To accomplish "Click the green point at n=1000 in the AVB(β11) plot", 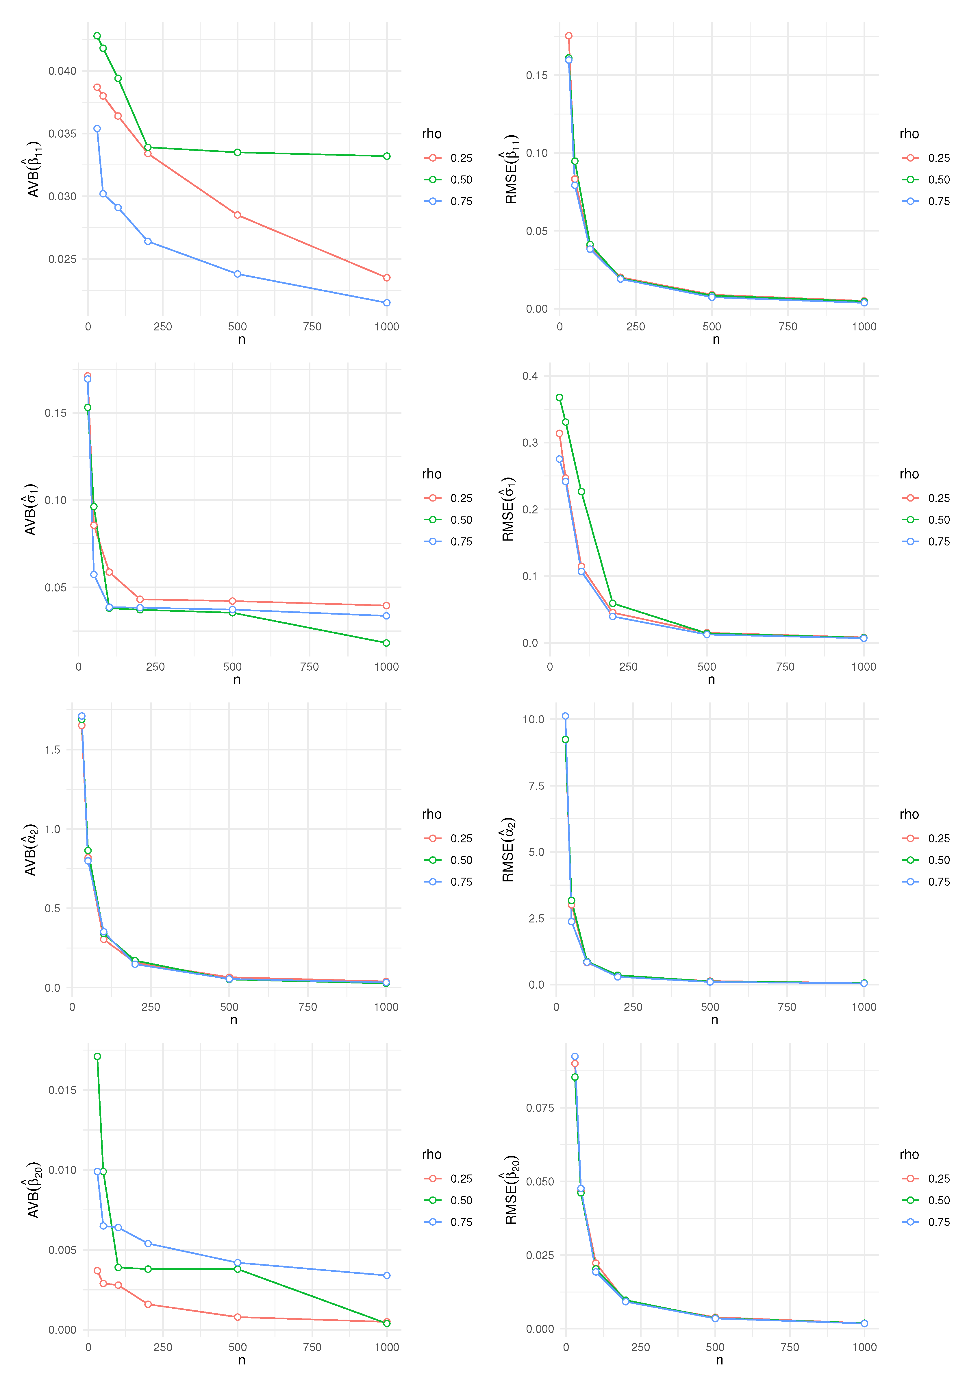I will tap(386, 156).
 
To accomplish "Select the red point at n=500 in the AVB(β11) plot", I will tap(237, 215).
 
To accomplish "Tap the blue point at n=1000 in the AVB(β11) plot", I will tap(386, 303).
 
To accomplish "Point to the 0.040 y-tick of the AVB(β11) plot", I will tap(62, 71).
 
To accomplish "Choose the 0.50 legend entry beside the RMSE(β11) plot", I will tap(938, 180).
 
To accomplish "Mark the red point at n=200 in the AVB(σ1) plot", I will tap(140, 599).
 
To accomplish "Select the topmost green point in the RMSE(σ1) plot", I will tap(559, 397).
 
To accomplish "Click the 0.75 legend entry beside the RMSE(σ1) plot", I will tap(938, 542).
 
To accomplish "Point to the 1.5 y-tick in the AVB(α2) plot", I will tap(53, 750).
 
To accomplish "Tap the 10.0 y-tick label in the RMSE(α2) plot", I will tap(533, 719).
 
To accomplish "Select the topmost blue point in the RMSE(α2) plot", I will tap(565, 716).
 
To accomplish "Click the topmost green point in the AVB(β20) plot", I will tap(97, 1057).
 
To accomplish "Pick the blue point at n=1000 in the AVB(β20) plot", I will tap(386, 1275).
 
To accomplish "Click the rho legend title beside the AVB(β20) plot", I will tap(431, 1154).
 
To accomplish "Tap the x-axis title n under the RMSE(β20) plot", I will tap(719, 1360).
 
